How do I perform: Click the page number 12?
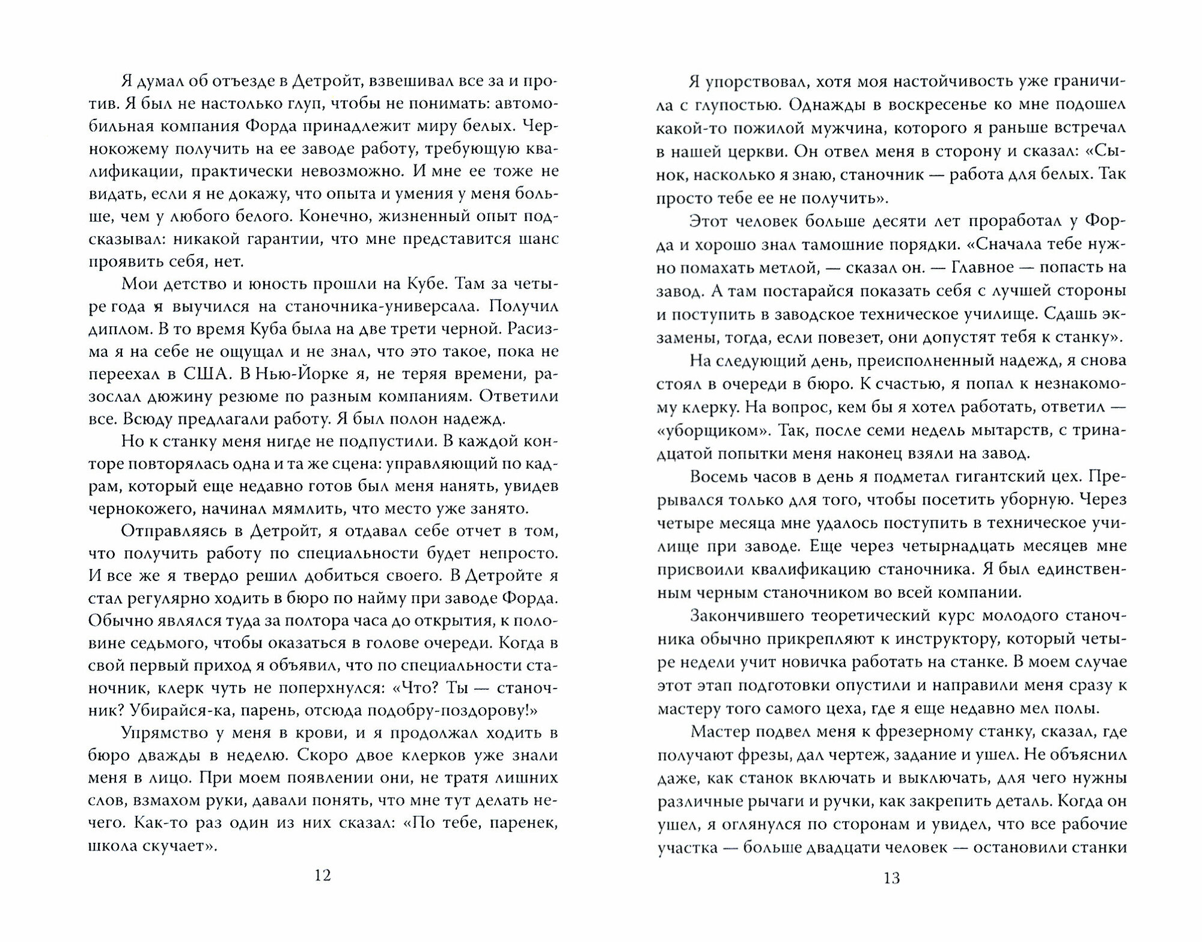click(x=323, y=875)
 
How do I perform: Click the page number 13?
click(x=892, y=878)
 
